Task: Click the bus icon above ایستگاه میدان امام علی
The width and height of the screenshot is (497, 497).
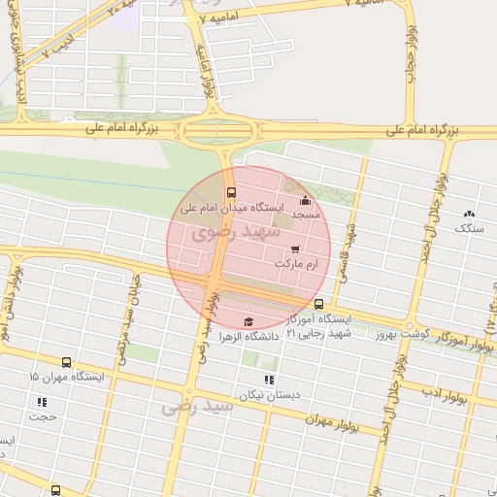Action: (230, 193)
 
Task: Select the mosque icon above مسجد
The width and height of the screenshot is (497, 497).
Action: (305, 201)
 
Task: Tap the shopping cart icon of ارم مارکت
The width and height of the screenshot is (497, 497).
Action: (295, 249)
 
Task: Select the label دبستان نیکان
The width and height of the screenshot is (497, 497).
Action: (269, 394)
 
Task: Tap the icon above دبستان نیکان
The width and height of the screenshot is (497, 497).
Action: (269, 380)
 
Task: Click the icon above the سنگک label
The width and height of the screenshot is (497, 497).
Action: (471, 214)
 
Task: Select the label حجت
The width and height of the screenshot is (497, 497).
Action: (42, 416)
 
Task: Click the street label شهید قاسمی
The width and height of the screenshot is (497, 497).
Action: (346, 251)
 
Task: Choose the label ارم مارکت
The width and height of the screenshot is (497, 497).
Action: (296, 263)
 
